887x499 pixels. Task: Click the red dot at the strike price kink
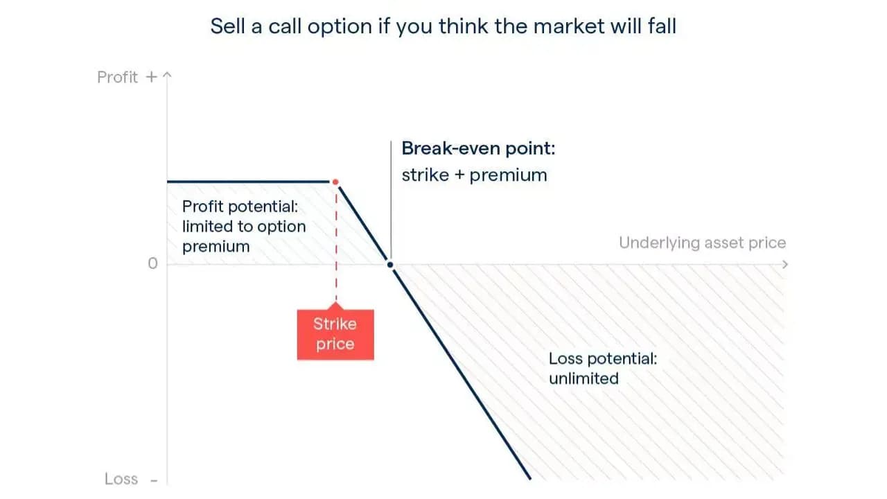[x=335, y=182]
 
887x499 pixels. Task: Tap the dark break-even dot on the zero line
[x=390, y=265]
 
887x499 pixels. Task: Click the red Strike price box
[x=335, y=334]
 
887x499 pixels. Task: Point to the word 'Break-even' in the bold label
[x=451, y=148]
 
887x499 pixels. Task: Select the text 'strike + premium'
[x=475, y=175]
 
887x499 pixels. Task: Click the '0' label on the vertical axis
[x=152, y=263]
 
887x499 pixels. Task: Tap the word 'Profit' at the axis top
[x=117, y=77]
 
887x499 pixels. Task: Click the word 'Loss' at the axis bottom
[x=121, y=479]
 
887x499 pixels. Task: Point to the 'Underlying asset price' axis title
[x=702, y=243]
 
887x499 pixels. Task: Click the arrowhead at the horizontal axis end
[x=785, y=264]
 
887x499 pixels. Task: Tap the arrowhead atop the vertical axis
[x=167, y=74]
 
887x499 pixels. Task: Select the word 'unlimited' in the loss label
[x=583, y=378]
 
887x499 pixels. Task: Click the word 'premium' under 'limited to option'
[x=216, y=247]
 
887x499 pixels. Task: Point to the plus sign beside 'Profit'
[x=151, y=77]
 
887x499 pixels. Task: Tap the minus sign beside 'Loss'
[x=154, y=481]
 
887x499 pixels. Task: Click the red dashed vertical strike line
[x=336, y=243]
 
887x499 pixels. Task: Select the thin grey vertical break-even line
[x=391, y=200]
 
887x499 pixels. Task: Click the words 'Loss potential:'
[x=603, y=359]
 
